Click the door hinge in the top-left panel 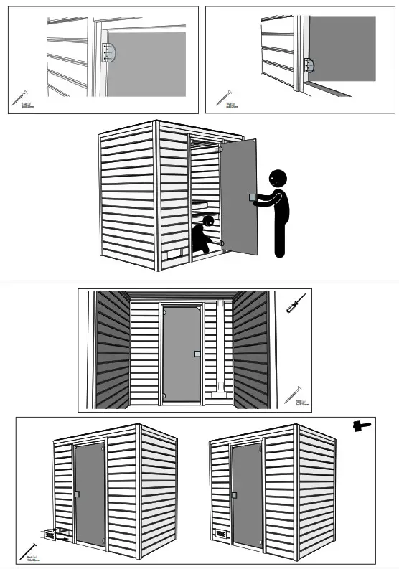click(x=108, y=53)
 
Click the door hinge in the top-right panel click(x=309, y=65)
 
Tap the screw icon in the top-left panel click(x=19, y=96)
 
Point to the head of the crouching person click(x=208, y=221)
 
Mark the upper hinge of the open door click(x=222, y=150)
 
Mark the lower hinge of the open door click(x=222, y=245)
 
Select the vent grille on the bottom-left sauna click(x=51, y=535)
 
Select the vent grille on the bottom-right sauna click(x=217, y=534)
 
